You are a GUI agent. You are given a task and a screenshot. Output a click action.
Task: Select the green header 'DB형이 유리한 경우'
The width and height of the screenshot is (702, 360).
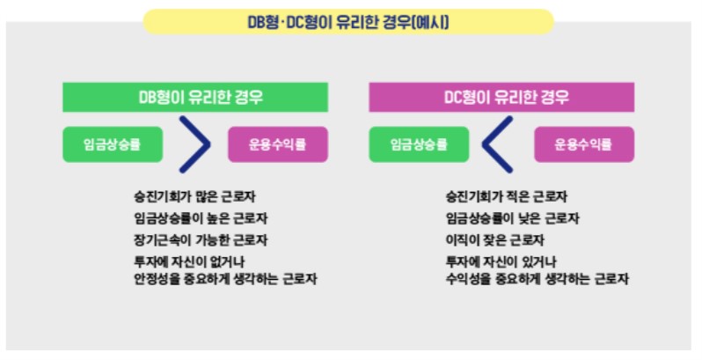194,97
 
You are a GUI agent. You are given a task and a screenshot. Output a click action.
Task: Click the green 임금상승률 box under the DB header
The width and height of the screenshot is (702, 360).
113,145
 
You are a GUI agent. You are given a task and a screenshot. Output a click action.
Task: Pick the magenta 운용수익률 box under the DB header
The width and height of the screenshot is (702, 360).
278,145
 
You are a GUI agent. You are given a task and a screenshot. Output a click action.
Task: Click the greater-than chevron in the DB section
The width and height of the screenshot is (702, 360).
194,145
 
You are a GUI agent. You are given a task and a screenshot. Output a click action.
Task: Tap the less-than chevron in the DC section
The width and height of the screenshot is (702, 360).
498,145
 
